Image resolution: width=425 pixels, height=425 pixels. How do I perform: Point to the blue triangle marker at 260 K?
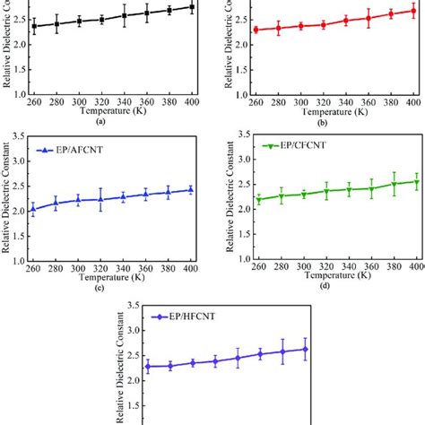tap(34, 210)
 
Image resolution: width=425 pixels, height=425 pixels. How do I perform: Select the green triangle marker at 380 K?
tap(392, 185)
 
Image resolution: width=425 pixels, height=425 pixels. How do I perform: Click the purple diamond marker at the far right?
tap(305, 350)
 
